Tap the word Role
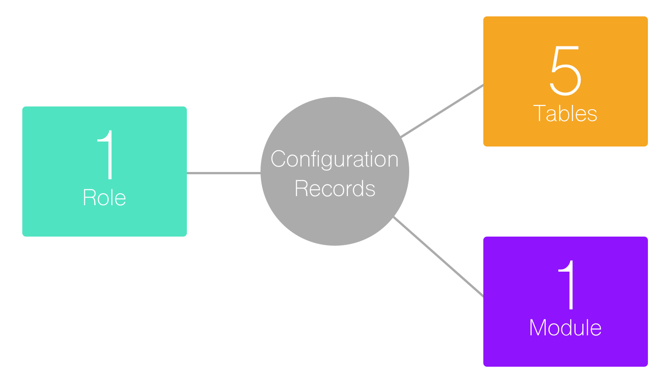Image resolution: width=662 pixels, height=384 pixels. coord(104,198)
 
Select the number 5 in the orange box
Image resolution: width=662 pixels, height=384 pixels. coord(565,71)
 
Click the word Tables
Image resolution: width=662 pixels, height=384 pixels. coord(565,113)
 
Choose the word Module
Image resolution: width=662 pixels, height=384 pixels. coord(565,328)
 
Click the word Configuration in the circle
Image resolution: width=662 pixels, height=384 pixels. coord(334,160)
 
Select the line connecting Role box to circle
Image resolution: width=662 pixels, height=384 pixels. coord(223,173)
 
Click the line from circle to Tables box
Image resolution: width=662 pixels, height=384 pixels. coord(441,111)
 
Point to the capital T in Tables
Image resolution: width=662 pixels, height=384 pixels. coord(540,113)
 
